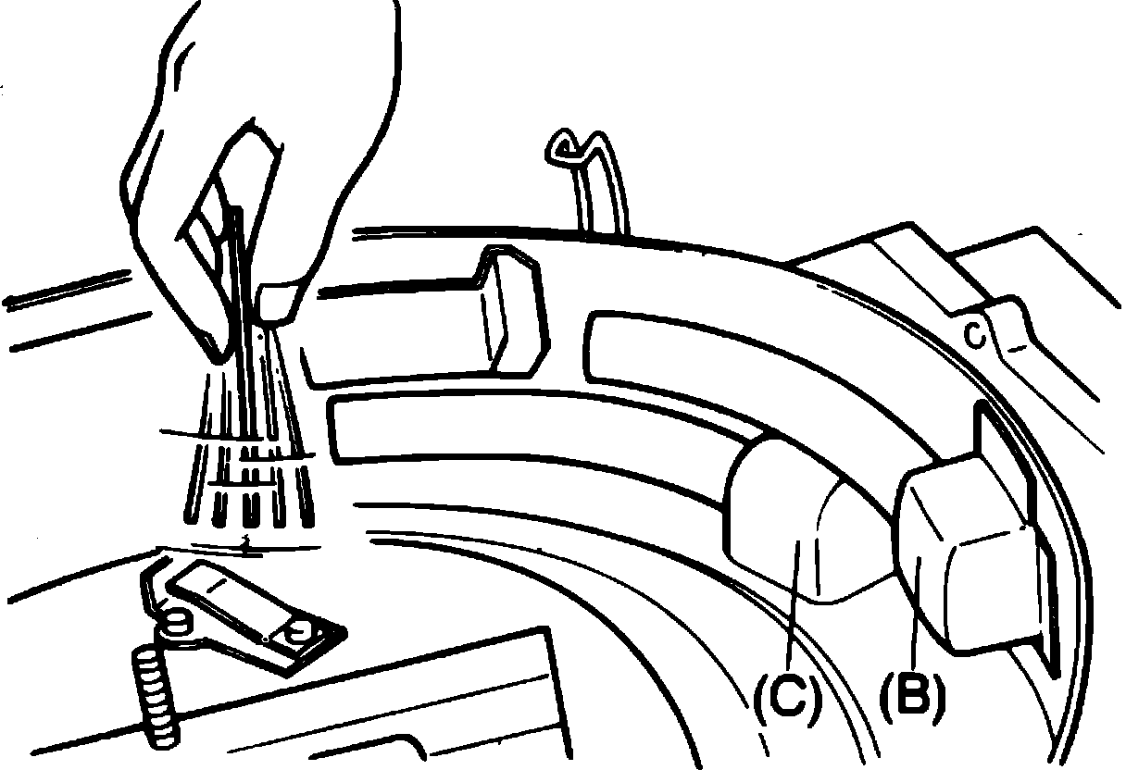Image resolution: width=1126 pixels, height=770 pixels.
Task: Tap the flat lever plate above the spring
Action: pyautogui.click(x=250, y=615)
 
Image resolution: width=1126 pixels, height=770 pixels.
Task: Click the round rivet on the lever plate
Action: pyautogui.click(x=299, y=633)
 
